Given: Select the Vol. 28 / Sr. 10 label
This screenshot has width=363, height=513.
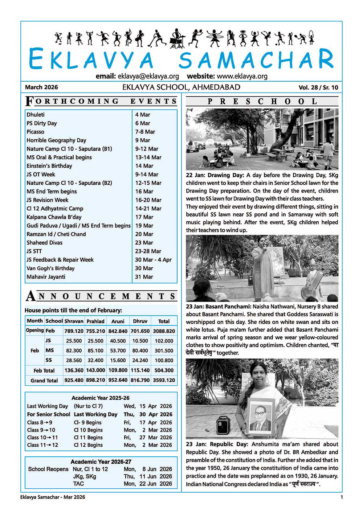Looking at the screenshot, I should pyautogui.click(x=318, y=87).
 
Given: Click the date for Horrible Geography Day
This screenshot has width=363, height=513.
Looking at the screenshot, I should pyautogui.click(x=143, y=140).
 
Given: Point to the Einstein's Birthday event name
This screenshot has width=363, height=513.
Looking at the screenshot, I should pyautogui.click(x=49, y=166).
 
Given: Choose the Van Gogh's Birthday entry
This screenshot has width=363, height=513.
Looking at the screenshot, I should pyautogui.click(x=50, y=268).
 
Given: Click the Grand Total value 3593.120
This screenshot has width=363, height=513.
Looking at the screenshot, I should pyautogui.click(x=164, y=381).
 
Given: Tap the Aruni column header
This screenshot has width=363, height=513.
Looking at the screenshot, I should pyautogui.click(x=118, y=321).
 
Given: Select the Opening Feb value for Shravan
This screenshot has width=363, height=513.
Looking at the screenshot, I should pyautogui.click(x=74, y=331).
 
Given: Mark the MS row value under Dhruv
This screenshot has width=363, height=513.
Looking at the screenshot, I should pyautogui.click(x=140, y=351).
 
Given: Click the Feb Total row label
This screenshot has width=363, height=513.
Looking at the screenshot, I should pyautogui.click(x=44, y=370).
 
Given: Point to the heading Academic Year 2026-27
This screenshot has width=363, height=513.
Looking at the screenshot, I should pyautogui.click(x=101, y=462).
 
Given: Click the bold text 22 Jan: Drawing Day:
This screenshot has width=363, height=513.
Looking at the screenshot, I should pyautogui.click(x=215, y=175).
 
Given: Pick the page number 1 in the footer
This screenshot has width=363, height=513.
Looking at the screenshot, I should pyautogui.click(x=342, y=497).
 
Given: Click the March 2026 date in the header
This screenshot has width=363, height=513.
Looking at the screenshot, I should pyautogui.click(x=41, y=87).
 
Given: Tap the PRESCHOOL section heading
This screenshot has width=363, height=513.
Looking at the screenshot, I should pyautogui.click(x=262, y=102).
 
